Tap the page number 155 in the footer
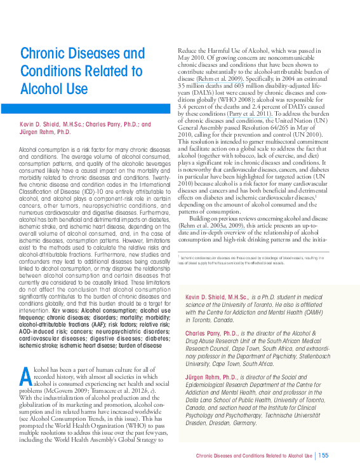(324, 455)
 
